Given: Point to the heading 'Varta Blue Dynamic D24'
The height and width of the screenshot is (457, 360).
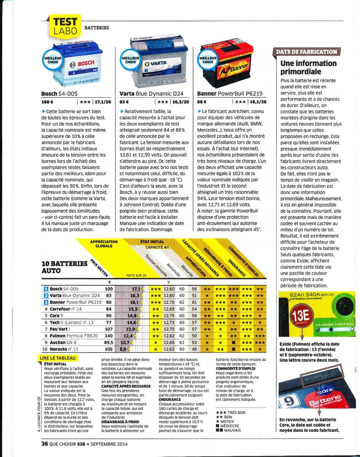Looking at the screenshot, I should [x=151, y=94].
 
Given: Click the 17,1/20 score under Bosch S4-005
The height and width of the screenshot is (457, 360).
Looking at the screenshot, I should [x=103, y=102].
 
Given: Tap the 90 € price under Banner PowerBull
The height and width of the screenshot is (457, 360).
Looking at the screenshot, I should [x=202, y=102].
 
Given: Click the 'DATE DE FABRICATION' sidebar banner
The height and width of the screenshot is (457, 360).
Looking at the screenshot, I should [x=306, y=52].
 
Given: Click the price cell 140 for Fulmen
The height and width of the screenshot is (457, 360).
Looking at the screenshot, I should [x=109, y=336].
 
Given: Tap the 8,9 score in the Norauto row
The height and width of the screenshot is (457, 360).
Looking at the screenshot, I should [x=123, y=349].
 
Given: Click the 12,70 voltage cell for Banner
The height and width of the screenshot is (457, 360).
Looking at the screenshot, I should [x=169, y=302].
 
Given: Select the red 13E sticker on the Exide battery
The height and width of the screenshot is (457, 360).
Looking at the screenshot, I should [x=300, y=317].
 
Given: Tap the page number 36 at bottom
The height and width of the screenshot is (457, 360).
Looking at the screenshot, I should [x=44, y=443].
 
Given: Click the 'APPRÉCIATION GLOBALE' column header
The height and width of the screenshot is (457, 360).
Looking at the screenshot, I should [x=104, y=244].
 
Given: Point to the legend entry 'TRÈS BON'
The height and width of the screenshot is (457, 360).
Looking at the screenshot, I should [x=236, y=412].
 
